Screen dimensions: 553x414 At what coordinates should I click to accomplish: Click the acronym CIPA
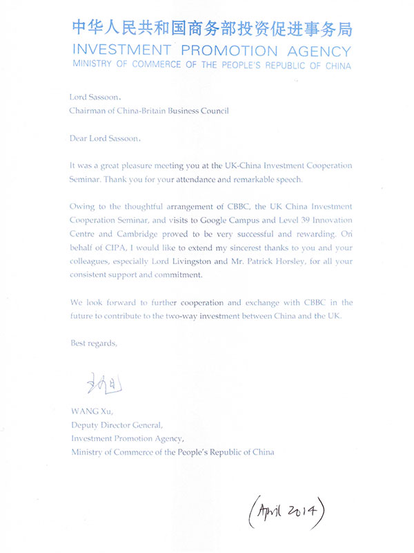(120, 247)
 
